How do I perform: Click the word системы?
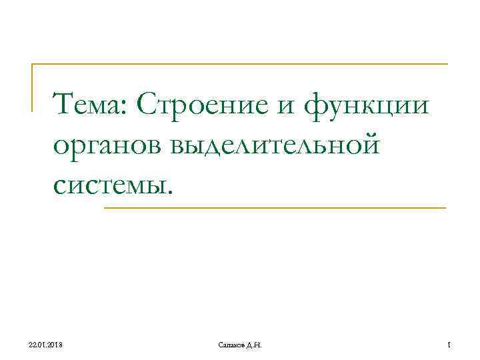tap(111, 185)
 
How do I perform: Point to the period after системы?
tap(170, 193)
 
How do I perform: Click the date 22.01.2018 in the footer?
tap(45, 343)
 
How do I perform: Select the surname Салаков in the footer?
tap(231, 343)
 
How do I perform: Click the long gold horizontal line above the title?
tap(240, 64)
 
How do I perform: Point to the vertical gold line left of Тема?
tap(33, 87)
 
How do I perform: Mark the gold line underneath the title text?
tap(273, 208)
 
